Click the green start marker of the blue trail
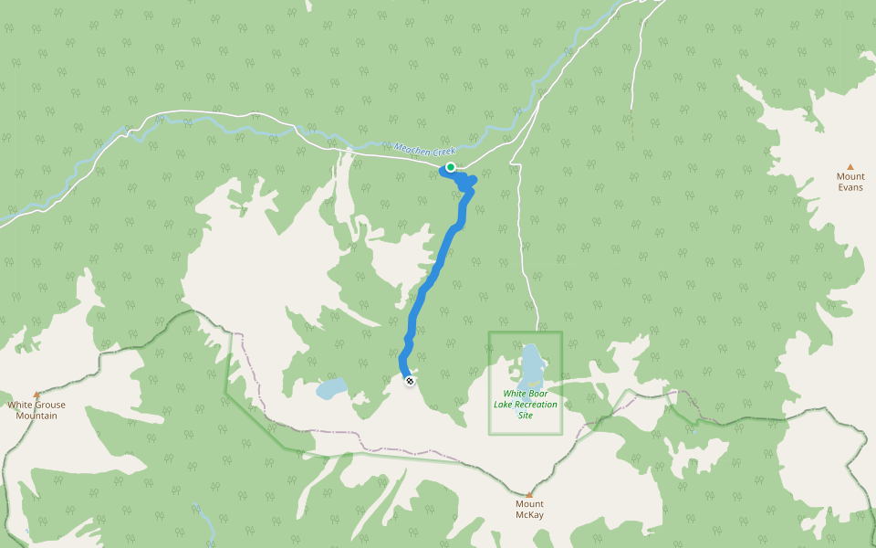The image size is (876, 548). [x=451, y=167]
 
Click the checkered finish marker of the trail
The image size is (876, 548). [x=410, y=380]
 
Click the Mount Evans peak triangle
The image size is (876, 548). [x=850, y=166]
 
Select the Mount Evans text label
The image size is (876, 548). [x=850, y=182]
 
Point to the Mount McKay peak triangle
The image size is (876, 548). [x=528, y=494]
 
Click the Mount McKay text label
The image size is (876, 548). [x=529, y=509]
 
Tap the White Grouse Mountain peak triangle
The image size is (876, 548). [x=36, y=394]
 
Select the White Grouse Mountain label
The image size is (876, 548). [x=36, y=410]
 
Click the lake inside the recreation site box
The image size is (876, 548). [x=531, y=364]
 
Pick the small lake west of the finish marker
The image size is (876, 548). [x=329, y=389]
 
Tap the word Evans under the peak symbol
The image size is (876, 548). [x=850, y=187]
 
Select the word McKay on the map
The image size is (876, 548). [x=529, y=514]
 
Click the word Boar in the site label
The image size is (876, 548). [x=535, y=394]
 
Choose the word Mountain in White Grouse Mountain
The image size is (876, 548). [x=36, y=416]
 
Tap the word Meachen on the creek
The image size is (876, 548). [x=411, y=148]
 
